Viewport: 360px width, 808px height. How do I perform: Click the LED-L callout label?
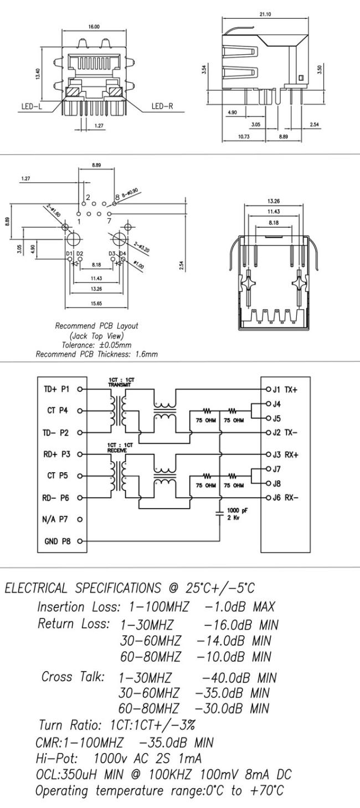pos(32,106)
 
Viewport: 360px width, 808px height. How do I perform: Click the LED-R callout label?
pos(162,106)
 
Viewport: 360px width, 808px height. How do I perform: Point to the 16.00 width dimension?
pos(94,27)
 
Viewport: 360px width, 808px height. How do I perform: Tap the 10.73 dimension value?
pos(244,137)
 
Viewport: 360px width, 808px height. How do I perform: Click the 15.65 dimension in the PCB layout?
pos(96,303)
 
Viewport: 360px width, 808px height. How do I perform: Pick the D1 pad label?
pos(69,254)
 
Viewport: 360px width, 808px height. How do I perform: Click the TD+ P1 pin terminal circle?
pos(80,389)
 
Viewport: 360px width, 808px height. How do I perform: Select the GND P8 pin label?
pos(58,541)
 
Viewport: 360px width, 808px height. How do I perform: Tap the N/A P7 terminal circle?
pos(80,519)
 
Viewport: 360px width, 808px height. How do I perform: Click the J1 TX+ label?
pos(285,390)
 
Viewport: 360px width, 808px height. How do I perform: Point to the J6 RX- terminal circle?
pos(268,498)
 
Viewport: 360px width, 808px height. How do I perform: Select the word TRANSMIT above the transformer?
pos(119,385)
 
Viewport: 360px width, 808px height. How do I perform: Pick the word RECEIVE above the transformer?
pos(117,451)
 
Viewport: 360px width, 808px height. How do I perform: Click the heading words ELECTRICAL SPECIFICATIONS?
pos(83,589)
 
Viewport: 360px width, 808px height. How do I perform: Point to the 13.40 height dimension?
pos(38,74)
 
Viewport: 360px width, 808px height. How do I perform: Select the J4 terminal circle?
pos(268,403)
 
